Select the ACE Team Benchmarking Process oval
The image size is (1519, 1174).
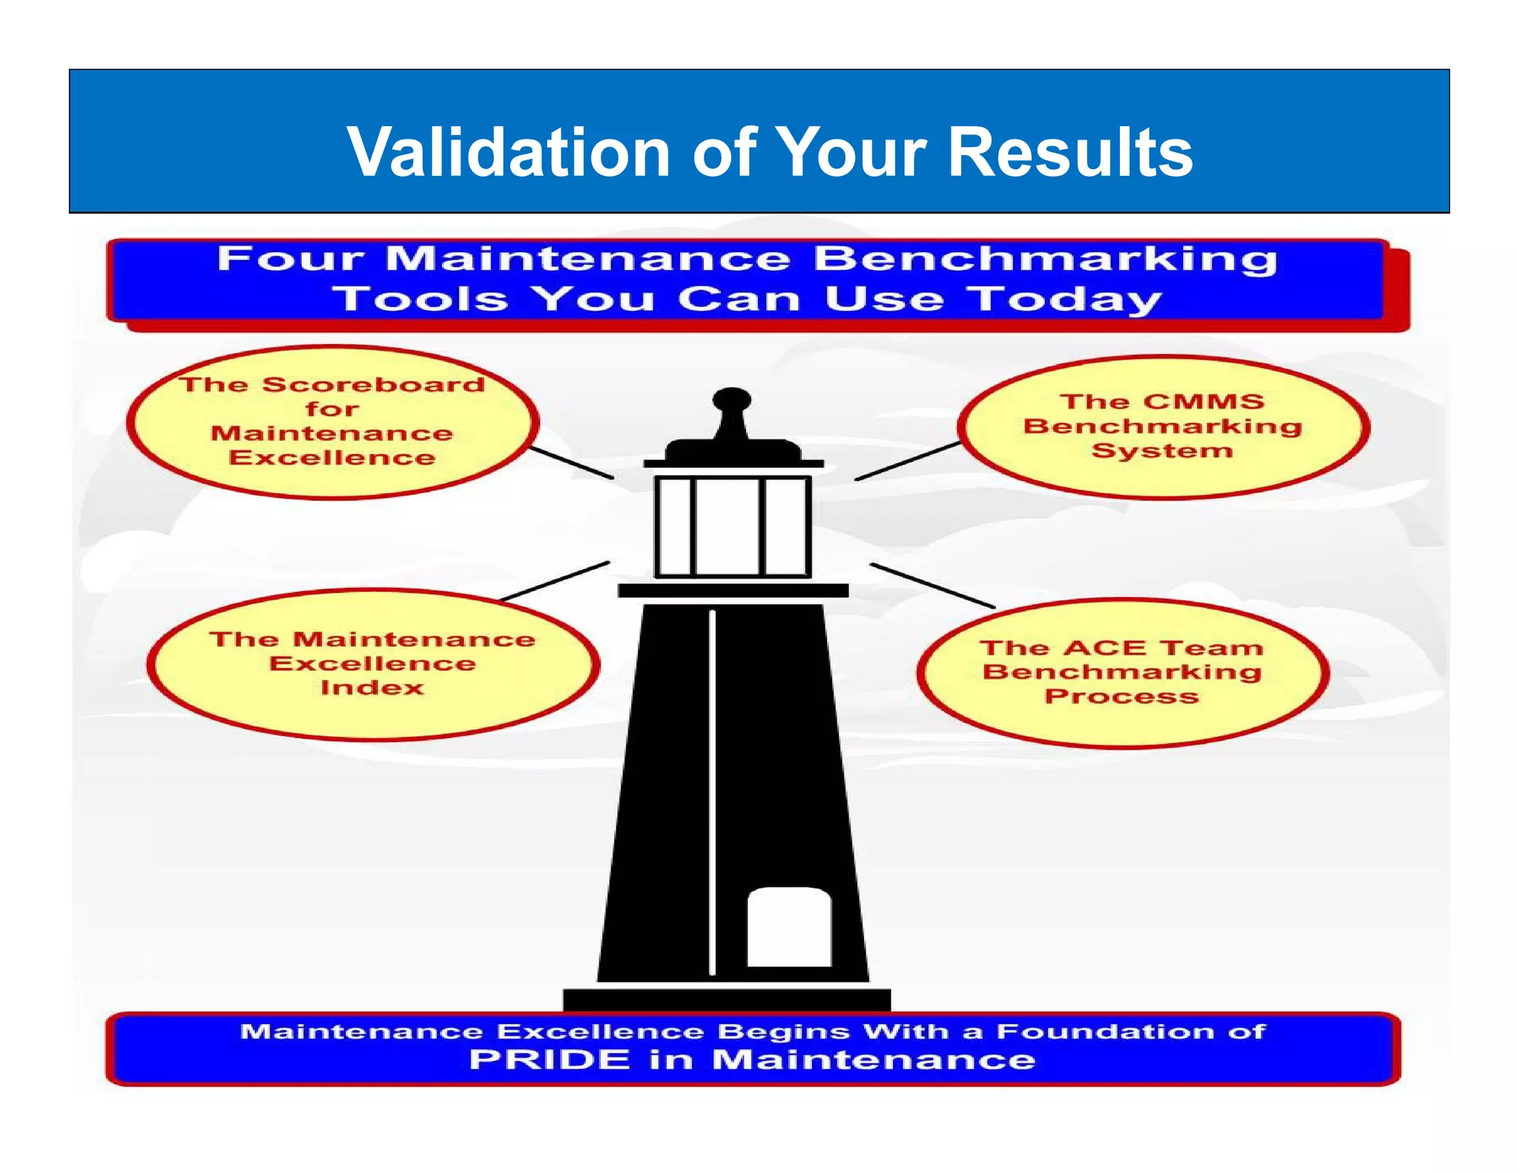pyautogui.click(x=1122, y=672)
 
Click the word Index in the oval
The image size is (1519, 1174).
pyautogui.click(x=372, y=688)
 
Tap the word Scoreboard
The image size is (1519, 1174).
pyautogui.click(x=374, y=384)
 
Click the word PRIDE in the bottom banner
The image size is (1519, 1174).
pyautogui.click(x=549, y=1059)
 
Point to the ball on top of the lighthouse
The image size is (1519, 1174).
pyautogui.click(x=731, y=399)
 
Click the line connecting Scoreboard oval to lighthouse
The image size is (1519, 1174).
pyautogui.click(x=571, y=462)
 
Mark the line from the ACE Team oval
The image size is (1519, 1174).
pyautogui.click(x=932, y=586)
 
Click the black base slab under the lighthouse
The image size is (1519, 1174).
pyautogui.click(x=727, y=1000)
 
